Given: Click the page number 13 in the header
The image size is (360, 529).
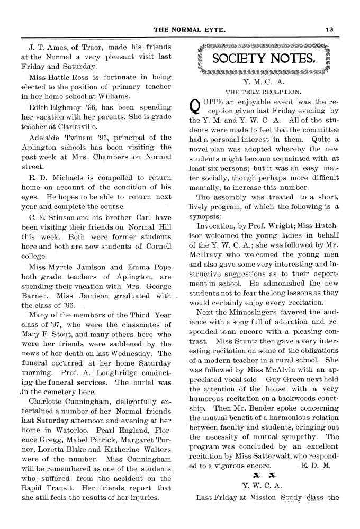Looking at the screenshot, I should pyautogui.click(x=330, y=29).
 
